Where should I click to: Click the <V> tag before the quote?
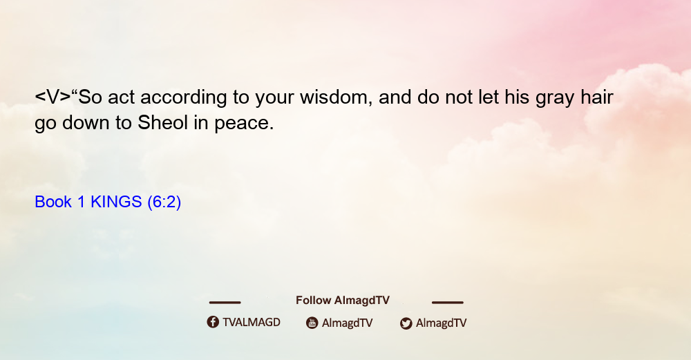pyautogui.click(x=53, y=97)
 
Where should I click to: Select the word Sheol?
pyautogui.click(x=162, y=122)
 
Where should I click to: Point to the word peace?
pyautogui.click(x=244, y=124)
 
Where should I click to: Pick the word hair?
pyautogui.click(x=597, y=97)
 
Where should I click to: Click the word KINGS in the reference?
pyautogui.click(x=116, y=202)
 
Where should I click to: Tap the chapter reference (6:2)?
pyautogui.click(x=164, y=202)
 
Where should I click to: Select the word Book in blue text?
pyautogui.click(x=53, y=202)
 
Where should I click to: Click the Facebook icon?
pyautogui.click(x=213, y=322)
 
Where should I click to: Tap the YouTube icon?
pyautogui.click(x=312, y=323)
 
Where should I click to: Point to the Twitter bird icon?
pyautogui.click(x=406, y=323)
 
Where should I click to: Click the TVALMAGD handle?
pyautogui.click(x=252, y=322)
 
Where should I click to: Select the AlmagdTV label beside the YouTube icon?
pyautogui.click(x=348, y=323)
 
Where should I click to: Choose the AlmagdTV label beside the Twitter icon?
pyautogui.click(x=441, y=323)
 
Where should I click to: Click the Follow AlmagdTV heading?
pyautogui.click(x=343, y=300)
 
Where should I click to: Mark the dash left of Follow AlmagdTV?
pyautogui.click(x=225, y=302)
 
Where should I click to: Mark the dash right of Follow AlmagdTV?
pyautogui.click(x=447, y=302)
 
